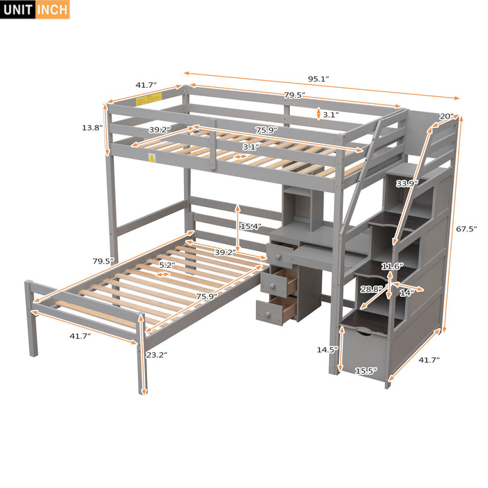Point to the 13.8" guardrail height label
coord(92,128)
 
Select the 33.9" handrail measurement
coord(406,183)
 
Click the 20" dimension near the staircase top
coord(446,116)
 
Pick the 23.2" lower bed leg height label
coord(157,354)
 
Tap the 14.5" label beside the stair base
coord(326,349)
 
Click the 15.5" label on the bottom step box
coord(365,371)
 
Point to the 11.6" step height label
coord(391,266)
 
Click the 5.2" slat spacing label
coord(166,266)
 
